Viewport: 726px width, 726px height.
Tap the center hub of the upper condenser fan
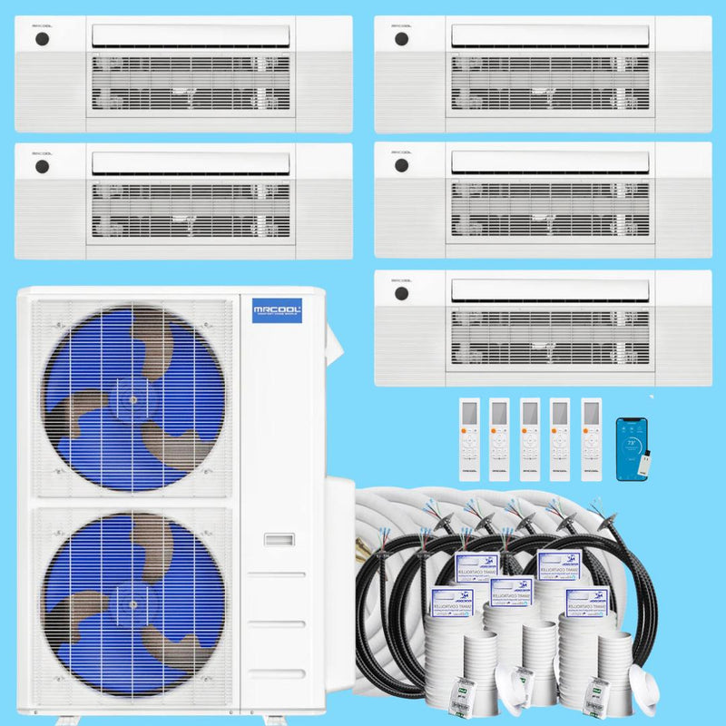(x=132, y=399)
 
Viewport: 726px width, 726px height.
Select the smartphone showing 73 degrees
(x=632, y=448)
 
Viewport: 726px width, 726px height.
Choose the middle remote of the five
(x=529, y=438)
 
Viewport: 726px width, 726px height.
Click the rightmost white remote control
(x=591, y=438)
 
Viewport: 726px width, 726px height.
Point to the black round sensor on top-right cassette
(x=400, y=41)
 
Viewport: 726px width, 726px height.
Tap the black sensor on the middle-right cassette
(x=400, y=167)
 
